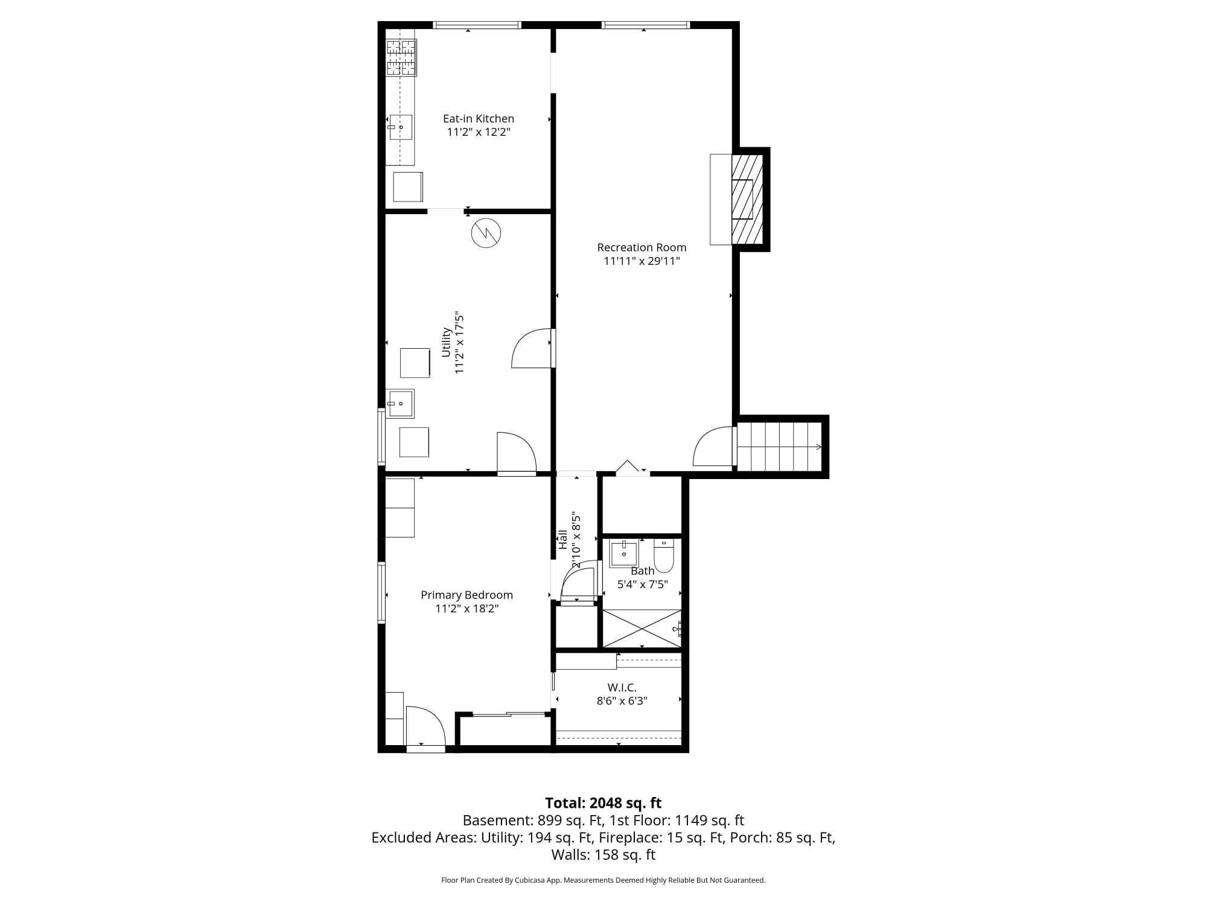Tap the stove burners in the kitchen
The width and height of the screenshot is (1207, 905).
click(401, 58)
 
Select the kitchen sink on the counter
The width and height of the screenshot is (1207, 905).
click(400, 127)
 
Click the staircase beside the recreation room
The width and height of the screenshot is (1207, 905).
click(779, 446)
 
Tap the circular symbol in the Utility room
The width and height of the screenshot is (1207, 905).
click(486, 233)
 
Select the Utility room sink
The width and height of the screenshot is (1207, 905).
click(400, 404)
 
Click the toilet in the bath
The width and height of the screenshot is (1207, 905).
click(664, 556)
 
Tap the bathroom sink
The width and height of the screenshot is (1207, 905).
click(623, 553)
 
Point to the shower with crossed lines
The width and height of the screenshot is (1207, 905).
click(642, 628)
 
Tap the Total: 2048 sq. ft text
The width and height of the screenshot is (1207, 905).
click(603, 803)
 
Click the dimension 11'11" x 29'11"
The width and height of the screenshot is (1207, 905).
click(642, 261)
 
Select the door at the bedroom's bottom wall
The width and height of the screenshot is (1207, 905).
click(425, 729)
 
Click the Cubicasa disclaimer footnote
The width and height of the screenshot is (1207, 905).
click(603, 880)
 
